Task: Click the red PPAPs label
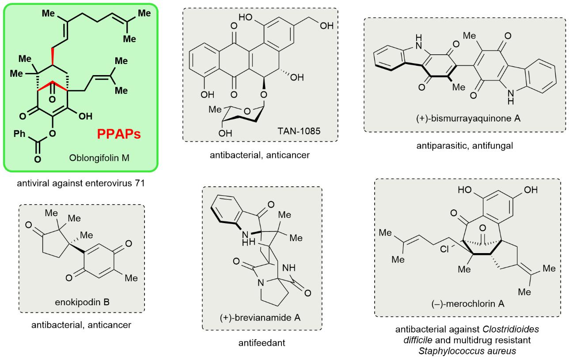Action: [x=120, y=134]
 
